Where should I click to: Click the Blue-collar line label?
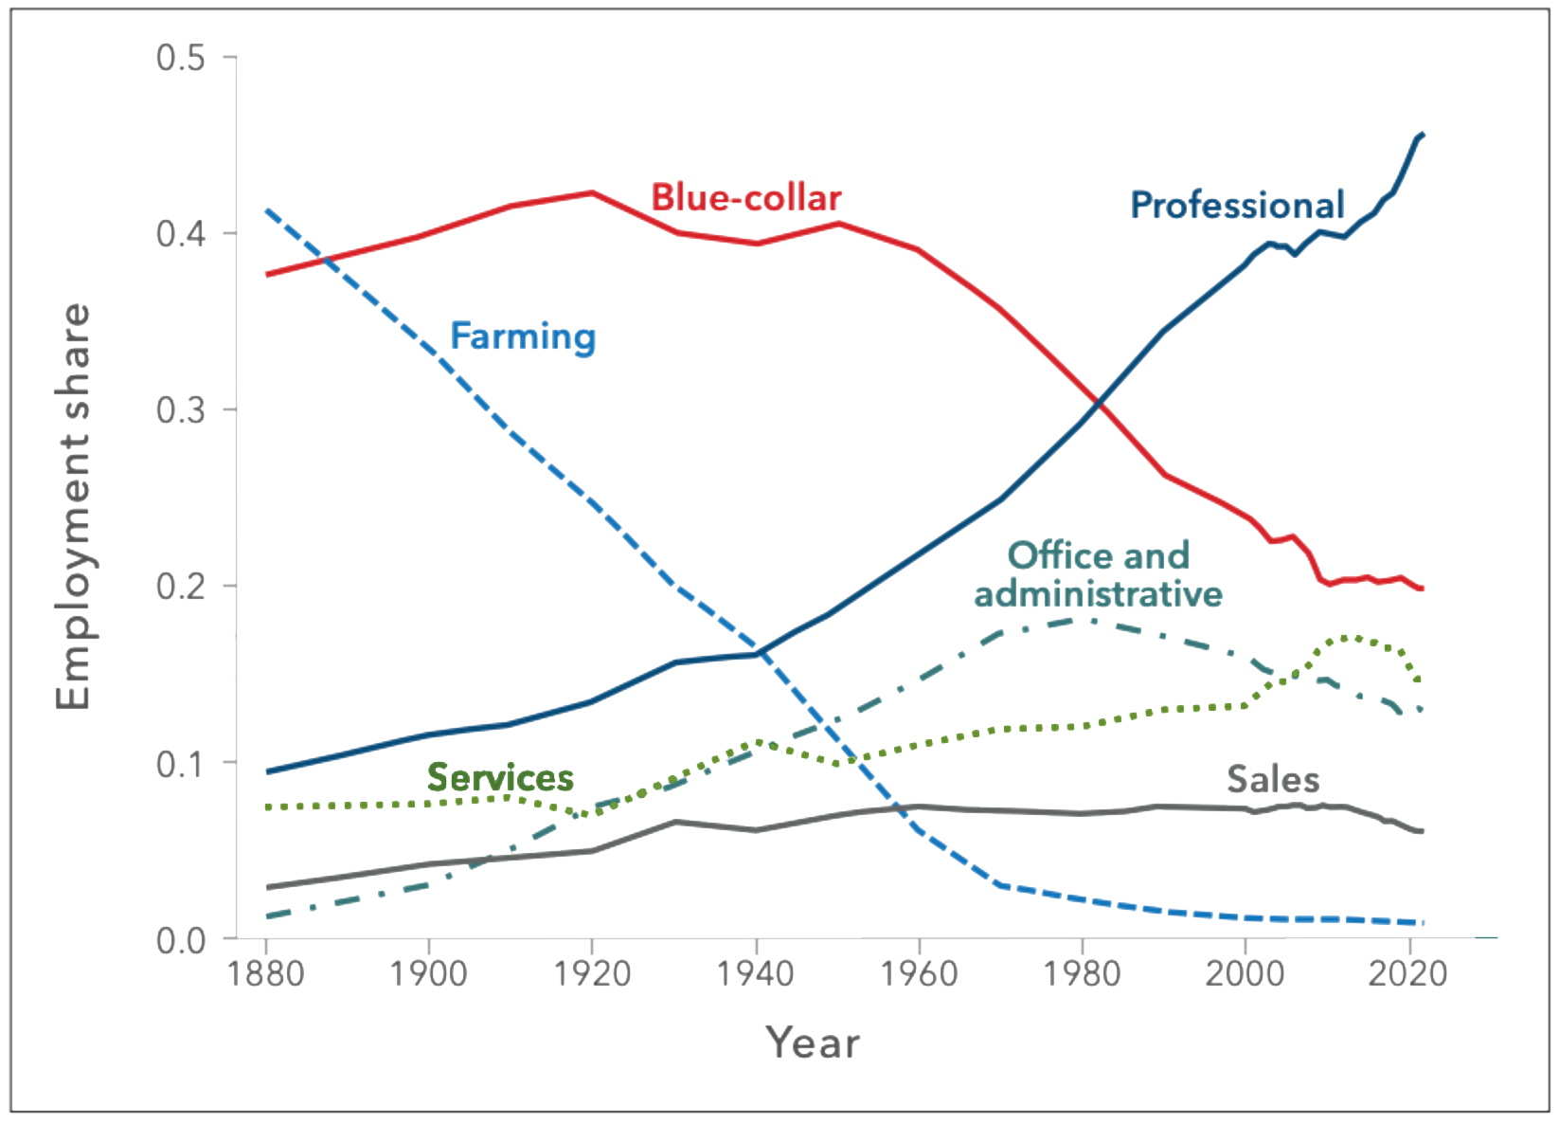[x=745, y=198]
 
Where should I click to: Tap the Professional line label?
[x=1237, y=206]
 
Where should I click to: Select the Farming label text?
[x=522, y=336]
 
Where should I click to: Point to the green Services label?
[x=500, y=778]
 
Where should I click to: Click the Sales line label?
[x=1272, y=780]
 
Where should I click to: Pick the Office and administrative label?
[x=1098, y=574]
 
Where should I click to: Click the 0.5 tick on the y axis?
[x=181, y=58]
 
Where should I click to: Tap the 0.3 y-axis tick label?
[x=181, y=410]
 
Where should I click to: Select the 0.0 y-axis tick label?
[x=181, y=941]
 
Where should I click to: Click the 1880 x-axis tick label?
[x=266, y=974]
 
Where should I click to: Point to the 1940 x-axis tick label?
[x=756, y=974]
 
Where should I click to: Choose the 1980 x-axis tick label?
[x=1082, y=974]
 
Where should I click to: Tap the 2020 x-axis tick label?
[x=1408, y=974]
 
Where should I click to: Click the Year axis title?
[x=813, y=1043]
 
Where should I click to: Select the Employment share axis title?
[x=73, y=506]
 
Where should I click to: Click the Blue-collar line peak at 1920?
[x=592, y=192]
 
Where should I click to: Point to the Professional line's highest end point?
[x=1423, y=135]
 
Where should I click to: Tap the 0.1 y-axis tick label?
[x=181, y=764]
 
